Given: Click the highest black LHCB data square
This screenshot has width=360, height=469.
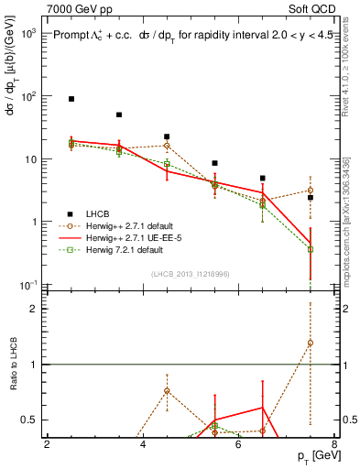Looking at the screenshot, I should pyautogui.click(x=71, y=98).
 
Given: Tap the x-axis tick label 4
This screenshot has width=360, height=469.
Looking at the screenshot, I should pyautogui.click(x=143, y=444).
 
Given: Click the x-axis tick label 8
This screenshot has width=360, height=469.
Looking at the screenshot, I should pyautogui.click(x=333, y=444).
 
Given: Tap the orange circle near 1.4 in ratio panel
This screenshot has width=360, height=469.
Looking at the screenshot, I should pyautogui.click(x=310, y=343).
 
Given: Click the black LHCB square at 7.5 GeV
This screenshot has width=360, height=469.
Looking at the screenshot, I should pyautogui.click(x=310, y=198).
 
